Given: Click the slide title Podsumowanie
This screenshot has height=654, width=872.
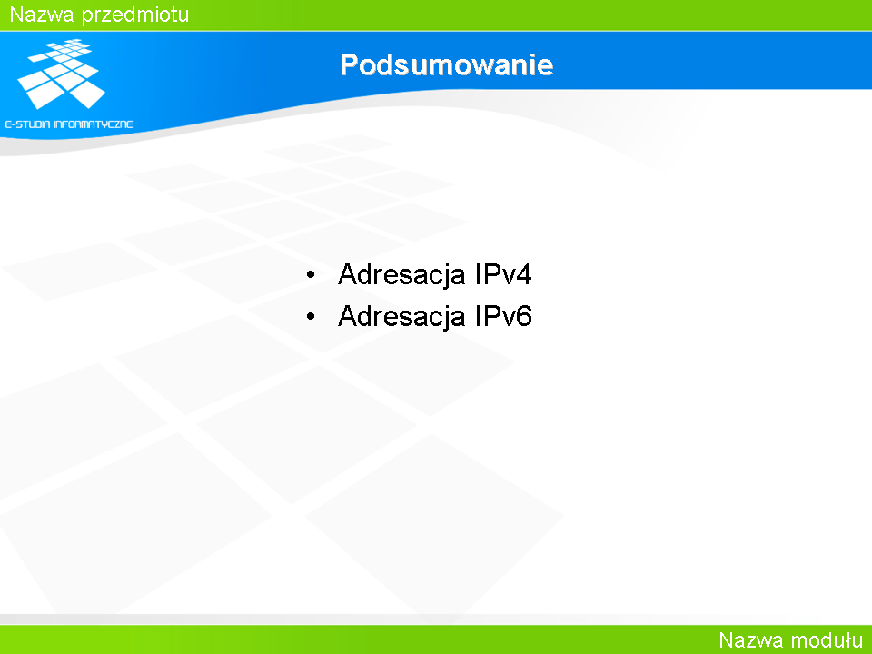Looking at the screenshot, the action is click(x=447, y=65).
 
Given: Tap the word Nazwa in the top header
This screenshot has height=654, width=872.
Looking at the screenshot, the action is click(x=42, y=14).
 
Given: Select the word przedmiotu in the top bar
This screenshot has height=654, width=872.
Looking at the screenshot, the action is click(x=135, y=15).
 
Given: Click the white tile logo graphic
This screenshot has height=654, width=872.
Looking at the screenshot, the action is click(x=61, y=74).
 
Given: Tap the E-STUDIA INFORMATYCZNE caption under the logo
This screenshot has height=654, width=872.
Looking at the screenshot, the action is click(x=69, y=124).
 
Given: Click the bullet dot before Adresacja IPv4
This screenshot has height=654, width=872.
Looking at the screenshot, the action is click(x=311, y=274).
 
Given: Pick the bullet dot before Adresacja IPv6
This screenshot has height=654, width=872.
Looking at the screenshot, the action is click(x=311, y=316).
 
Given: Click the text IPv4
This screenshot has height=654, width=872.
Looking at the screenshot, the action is click(x=503, y=274).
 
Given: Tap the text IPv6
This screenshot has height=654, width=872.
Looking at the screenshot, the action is click(x=503, y=316).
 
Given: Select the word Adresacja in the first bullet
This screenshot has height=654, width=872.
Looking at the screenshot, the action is click(x=401, y=274).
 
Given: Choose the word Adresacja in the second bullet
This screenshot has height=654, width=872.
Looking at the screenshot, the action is click(x=401, y=316).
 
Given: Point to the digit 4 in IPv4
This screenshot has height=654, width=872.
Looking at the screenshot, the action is click(x=524, y=274).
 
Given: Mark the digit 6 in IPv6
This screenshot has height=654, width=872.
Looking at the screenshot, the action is click(x=524, y=316).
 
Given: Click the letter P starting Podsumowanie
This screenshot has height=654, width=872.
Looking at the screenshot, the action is click(x=349, y=65).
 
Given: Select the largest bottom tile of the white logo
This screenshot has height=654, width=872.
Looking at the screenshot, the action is click(x=87, y=94).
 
